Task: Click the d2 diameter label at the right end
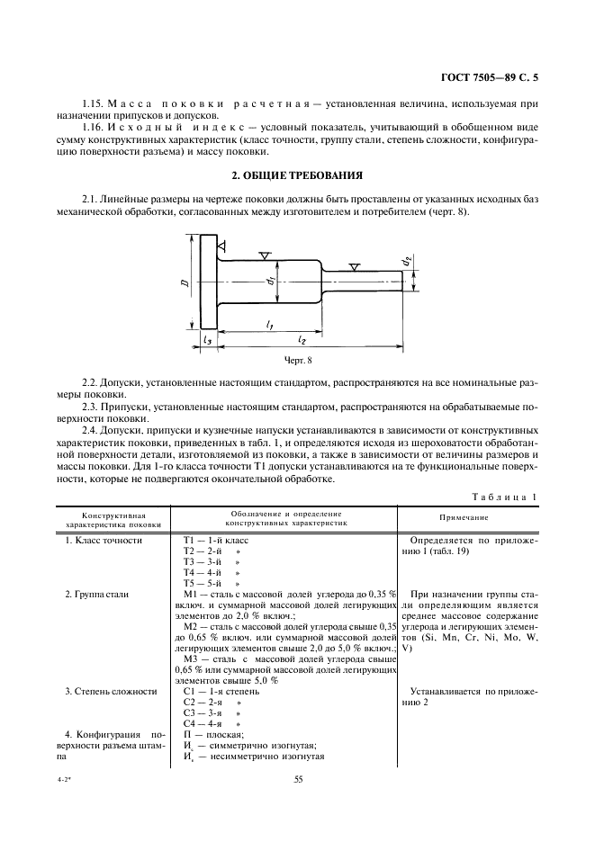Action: pos(408,261)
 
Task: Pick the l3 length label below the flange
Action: pos(208,341)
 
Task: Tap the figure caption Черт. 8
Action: pos(296,361)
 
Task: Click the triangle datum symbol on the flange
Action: pos(221,246)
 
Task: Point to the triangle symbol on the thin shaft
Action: pos(356,267)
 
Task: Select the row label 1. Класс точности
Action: pos(104,540)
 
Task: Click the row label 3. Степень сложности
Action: pos(111,691)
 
